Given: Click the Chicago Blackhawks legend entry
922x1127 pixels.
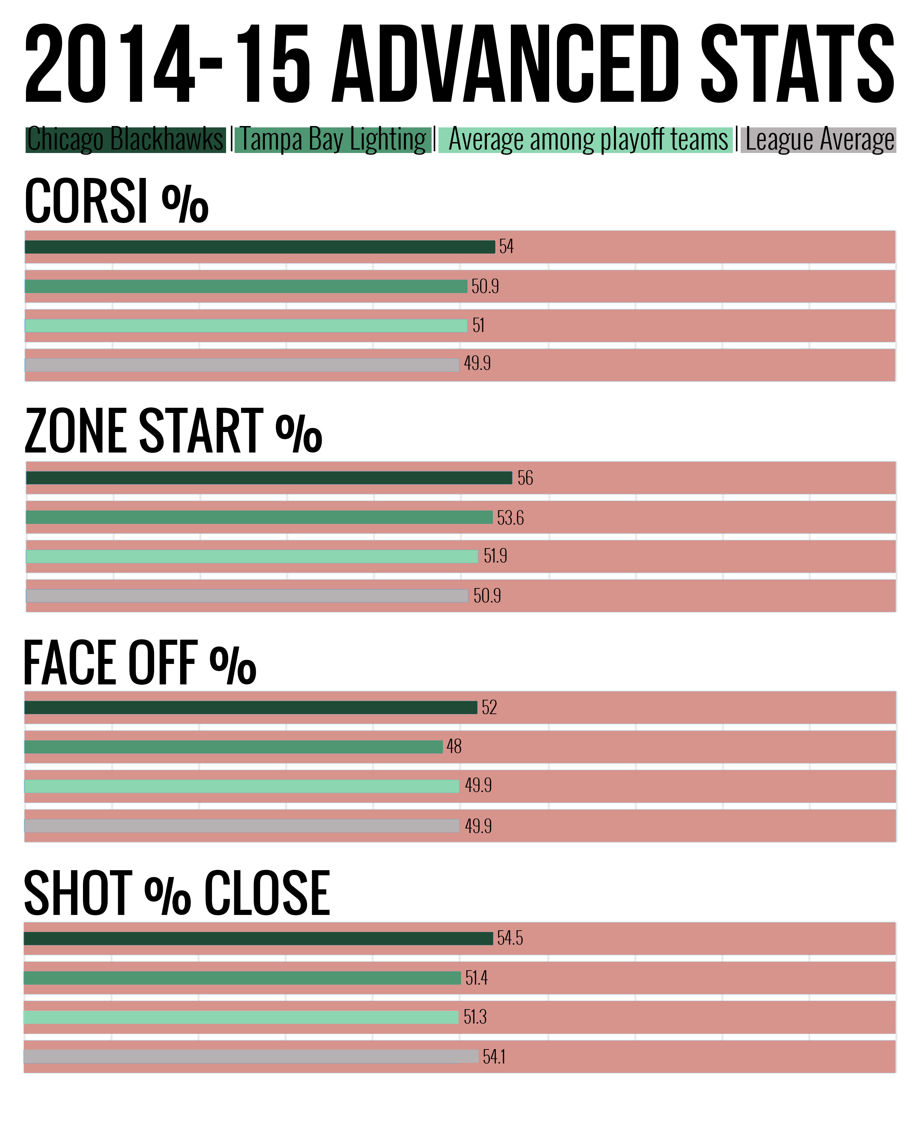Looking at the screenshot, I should (x=126, y=140).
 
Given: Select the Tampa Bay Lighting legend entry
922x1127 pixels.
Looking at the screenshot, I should (x=333, y=140).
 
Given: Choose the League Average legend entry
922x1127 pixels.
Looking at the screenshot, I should (x=819, y=140).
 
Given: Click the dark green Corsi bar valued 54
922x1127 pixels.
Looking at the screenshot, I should (x=260, y=247).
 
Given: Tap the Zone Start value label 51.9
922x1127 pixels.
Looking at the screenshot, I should (x=495, y=556).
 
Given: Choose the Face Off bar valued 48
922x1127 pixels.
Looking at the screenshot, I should (x=234, y=747).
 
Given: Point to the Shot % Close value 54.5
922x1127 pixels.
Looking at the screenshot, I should (x=510, y=938).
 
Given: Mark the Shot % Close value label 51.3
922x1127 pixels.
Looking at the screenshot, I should (x=475, y=1017).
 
